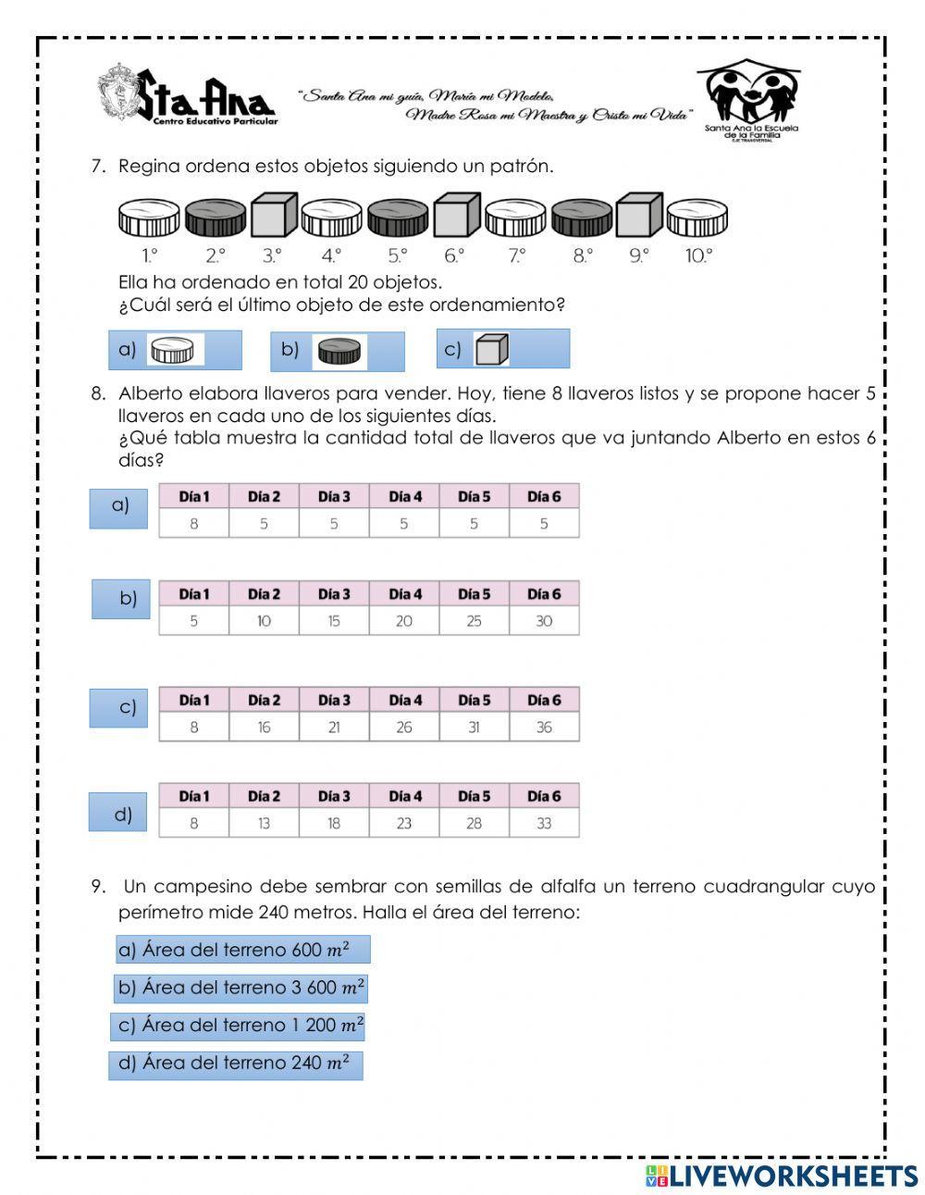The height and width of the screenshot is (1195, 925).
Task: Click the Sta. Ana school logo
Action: click(x=186, y=95)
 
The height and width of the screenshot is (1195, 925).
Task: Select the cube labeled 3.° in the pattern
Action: click(x=273, y=216)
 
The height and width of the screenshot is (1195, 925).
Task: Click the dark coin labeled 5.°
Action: click(x=398, y=218)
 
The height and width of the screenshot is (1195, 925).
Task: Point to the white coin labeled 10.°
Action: click(x=697, y=218)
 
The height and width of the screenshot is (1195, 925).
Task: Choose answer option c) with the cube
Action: click(x=502, y=349)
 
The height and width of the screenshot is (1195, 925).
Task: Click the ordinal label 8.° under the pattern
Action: click(x=581, y=255)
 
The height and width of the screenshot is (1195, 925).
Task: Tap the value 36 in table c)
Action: click(x=544, y=728)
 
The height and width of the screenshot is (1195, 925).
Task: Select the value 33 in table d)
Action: click(x=544, y=823)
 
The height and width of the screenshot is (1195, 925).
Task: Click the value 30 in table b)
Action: click(x=544, y=621)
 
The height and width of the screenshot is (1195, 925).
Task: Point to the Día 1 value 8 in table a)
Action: click(x=194, y=524)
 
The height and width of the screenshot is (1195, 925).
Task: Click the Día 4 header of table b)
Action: click(x=404, y=594)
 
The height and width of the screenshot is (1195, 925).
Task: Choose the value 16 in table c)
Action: click(x=264, y=728)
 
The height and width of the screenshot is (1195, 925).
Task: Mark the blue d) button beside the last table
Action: click(x=117, y=813)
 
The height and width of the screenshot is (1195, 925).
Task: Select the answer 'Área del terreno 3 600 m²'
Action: click(x=241, y=988)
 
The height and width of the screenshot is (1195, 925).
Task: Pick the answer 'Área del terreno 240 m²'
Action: click(x=235, y=1064)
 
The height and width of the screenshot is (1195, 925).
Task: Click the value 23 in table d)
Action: click(x=404, y=823)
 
